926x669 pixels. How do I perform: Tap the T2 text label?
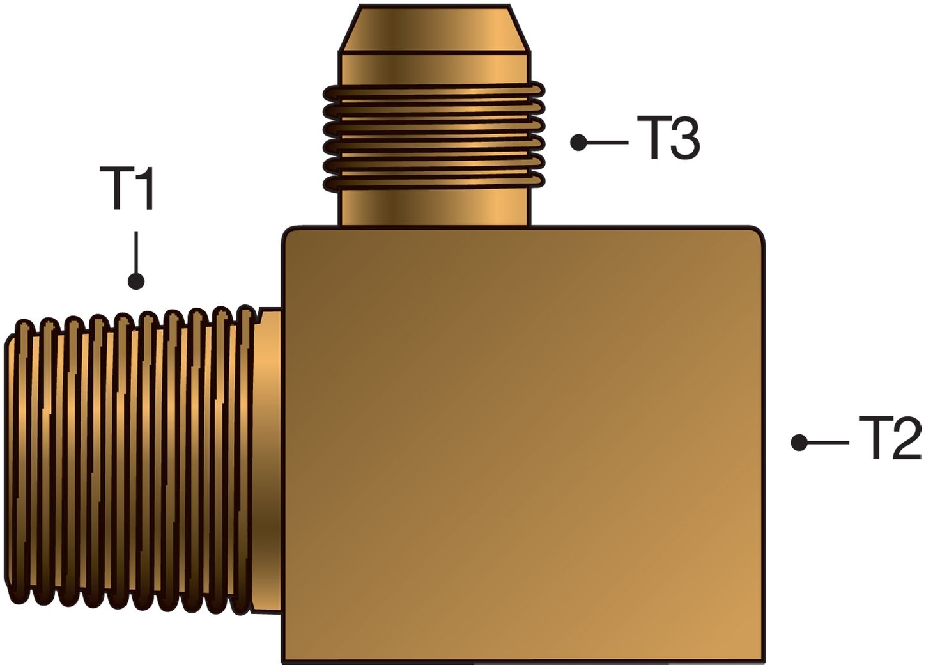[x=890, y=438]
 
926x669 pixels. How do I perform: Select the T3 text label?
[x=668, y=138]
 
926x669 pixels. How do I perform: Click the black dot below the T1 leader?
[x=136, y=281]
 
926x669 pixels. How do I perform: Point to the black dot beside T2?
[x=799, y=443]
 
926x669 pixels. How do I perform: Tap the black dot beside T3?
[x=578, y=143]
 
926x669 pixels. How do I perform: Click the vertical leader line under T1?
[x=136, y=253]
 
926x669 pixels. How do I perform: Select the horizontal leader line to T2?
[x=828, y=443]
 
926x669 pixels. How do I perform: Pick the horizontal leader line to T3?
[x=607, y=143]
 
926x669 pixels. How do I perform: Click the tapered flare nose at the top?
[x=434, y=29]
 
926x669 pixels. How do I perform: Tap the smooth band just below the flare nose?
[x=434, y=68]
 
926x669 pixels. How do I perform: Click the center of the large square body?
[x=523, y=445]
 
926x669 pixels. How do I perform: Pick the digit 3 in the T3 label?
[x=684, y=138]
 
